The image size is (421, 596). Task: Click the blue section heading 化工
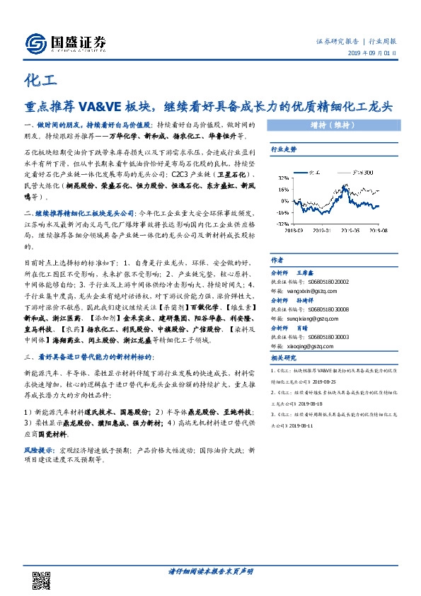[x=35, y=80]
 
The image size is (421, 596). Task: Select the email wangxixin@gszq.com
[x=304, y=287]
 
